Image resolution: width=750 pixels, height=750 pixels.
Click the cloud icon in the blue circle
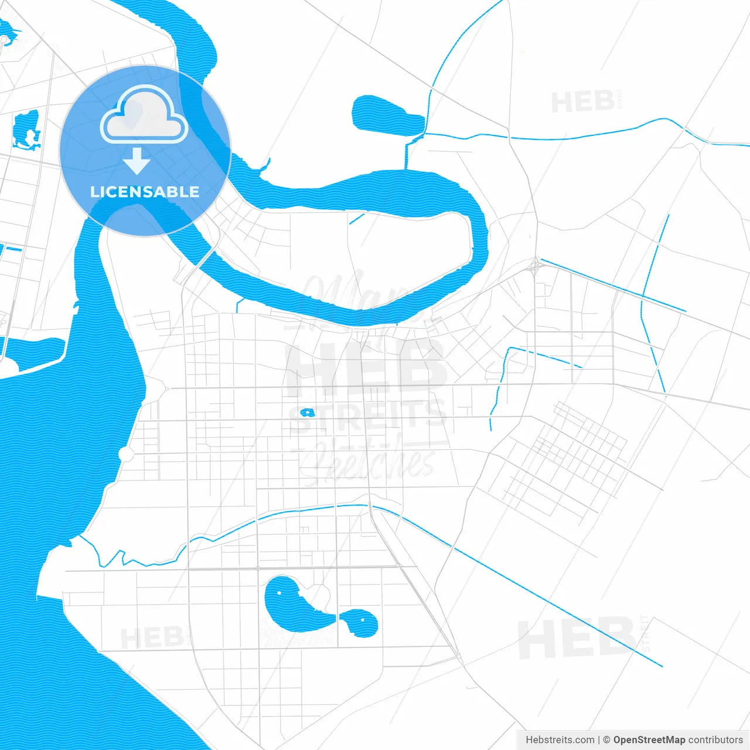(x=144, y=115)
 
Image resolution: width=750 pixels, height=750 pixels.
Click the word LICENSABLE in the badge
(x=145, y=192)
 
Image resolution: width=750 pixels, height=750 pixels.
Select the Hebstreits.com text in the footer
(x=560, y=740)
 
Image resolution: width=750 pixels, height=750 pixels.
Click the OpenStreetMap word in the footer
(x=649, y=740)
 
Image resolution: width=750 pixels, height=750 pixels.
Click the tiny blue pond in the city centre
(x=307, y=412)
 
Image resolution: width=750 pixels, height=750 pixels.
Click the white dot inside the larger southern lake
(x=279, y=593)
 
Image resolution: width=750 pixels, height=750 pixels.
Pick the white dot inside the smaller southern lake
(x=363, y=619)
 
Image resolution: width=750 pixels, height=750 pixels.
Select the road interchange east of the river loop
(x=535, y=266)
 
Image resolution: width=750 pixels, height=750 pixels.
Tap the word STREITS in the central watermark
(x=368, y=415)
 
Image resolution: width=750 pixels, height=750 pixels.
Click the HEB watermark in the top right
(x=582, y=103)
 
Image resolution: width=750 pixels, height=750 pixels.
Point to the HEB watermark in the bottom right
(x=577, y=639)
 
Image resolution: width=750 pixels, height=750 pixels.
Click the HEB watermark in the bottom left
(x=152, y=637)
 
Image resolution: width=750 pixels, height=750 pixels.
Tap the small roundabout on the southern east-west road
(x=258, y=568)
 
